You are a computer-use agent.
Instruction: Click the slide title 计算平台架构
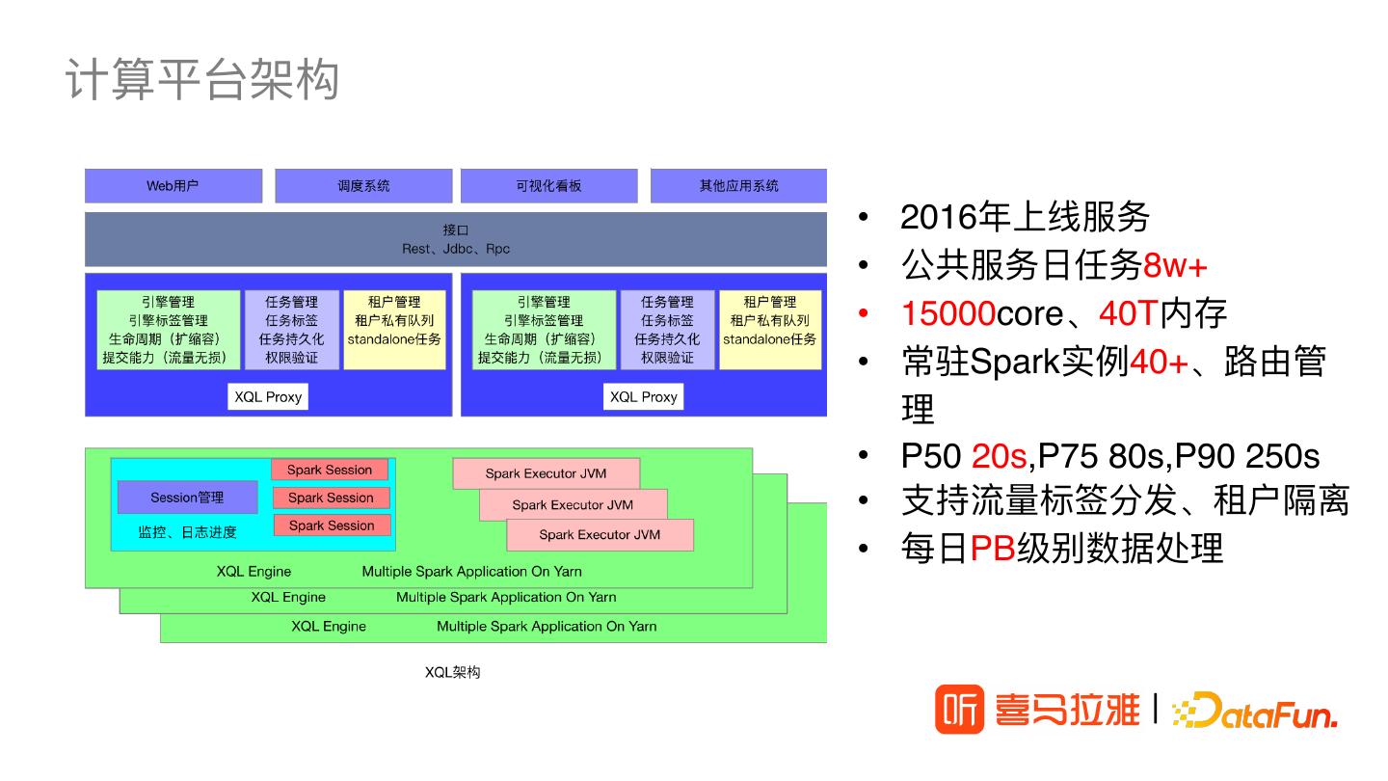[202, 79]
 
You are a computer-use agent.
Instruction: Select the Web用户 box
[173, 186]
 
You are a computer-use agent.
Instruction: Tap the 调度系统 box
[363, 186]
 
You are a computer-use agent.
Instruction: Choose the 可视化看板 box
[548, 186]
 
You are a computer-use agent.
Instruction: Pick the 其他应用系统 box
[738, 186]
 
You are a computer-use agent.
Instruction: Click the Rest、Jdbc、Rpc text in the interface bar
[456, 249]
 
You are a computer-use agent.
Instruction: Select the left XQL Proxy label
[268, 396]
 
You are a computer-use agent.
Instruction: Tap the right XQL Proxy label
[644, 396]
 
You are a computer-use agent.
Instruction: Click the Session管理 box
[187, 498]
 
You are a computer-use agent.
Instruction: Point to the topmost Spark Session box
[330, 470]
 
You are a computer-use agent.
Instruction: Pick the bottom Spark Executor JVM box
[600, 534]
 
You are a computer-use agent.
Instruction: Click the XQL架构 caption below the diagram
[452, 672]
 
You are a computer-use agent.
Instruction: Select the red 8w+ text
[1175, 265]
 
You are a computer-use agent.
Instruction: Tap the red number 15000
[948, 313]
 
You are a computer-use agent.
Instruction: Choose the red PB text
[992, 548]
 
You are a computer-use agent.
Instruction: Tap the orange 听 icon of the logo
[959, 711]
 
